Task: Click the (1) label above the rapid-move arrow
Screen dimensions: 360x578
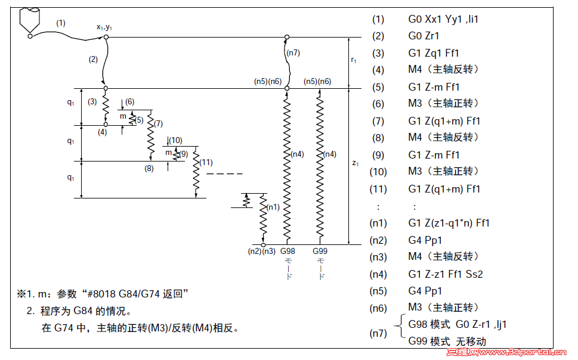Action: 61,23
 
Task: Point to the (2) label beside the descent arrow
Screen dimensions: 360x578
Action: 92,59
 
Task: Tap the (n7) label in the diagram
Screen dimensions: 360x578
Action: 293,52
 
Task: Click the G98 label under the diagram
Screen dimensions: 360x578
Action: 288,252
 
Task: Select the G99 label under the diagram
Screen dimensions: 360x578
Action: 320,252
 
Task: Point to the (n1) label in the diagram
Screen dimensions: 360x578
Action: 273,207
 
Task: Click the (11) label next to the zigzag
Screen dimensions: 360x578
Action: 206,162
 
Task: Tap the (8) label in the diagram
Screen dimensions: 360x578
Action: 149,169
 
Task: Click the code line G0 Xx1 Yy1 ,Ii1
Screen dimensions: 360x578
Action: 443,18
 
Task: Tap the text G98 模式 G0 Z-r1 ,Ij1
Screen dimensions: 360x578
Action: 458,324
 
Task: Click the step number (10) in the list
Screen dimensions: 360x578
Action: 379,172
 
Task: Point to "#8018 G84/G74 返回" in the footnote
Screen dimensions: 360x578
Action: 138,294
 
